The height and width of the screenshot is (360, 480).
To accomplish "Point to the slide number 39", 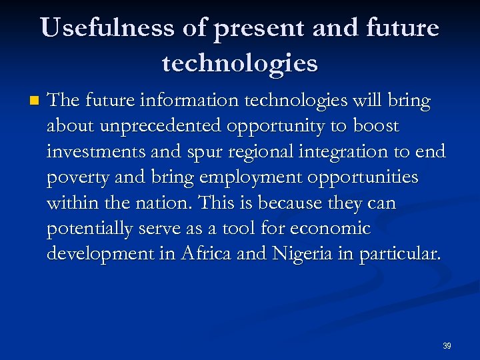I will [447, 346].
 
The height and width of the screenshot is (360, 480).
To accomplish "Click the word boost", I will [376, 126].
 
